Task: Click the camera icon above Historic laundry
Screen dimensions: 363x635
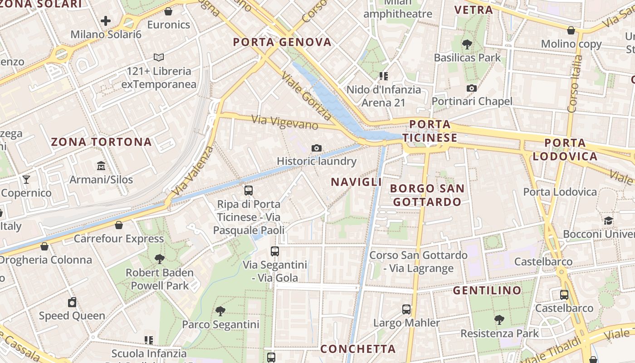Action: pyautogui.click(x=317, y=148)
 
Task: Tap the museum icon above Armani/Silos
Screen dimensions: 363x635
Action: pyautogui.click(x=101, y=166)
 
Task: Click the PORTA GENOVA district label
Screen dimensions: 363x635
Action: pyautogui.click(x=282, y=42)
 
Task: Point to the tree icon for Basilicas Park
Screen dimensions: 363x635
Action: pyautogui.click(x=467, y=44)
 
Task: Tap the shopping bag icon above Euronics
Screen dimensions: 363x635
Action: pyautogui.click(x=168, y=11)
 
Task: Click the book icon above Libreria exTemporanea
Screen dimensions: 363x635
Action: pyautogui.click(x=158, y=57)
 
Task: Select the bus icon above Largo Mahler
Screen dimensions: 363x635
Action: pyautogui.click(x=406, y=309)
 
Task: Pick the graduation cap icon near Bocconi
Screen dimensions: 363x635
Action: pyautogui.click(x=608, y=221)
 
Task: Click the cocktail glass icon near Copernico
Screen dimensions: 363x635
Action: pyautogui.click(x=26, y=180)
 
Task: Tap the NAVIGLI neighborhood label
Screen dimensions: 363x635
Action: pyautogui.click(x=356, y=182)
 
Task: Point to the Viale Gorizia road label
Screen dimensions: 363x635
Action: pyautogui.click(x=307, y=96)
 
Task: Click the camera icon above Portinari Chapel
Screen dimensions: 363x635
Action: pyautogui.click(x=472, y=88)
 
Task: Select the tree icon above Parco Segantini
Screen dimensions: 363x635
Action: pyautogui.click(x=220, y=311)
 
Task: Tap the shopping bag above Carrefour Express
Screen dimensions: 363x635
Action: pyautogui.click(x=119, y=225)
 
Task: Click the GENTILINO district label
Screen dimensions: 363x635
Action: pyautogui.click(x=487, y=290)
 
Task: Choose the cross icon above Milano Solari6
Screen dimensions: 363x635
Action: pyautogui.click(x=106, y=21)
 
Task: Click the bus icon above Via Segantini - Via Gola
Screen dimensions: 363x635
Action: pyautogui.click(x=275, y=251)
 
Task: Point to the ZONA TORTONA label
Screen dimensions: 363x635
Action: pyautogui.click(x=101, y=142)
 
